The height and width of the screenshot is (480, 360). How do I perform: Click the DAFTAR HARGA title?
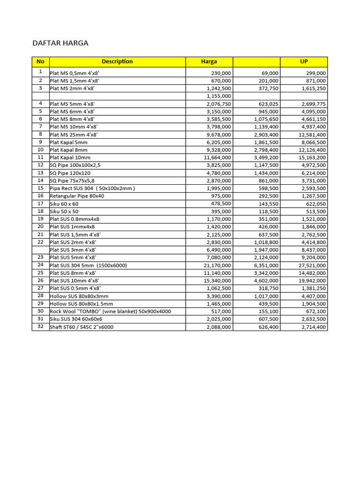(x=60, y=43)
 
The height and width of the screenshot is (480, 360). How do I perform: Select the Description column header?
(x=117, y=61)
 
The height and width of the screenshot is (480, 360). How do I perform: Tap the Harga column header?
(x=209, y=61)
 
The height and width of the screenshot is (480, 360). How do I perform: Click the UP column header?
(x=304, y=61)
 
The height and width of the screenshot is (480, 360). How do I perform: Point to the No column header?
(x=40, y=61)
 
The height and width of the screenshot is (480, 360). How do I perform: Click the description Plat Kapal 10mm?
(x=70, y=158)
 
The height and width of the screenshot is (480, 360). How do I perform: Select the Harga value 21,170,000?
(x=217, y=265)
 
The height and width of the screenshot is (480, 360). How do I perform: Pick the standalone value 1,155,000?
(x=219, y=96)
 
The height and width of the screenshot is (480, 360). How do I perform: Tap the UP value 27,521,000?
(x=311, y=265)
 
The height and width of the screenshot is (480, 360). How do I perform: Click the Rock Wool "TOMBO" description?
(x=111, y=312)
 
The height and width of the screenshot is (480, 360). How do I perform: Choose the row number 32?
(x=40, y=327)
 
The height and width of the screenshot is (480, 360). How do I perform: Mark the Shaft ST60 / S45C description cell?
(x=82, y=327)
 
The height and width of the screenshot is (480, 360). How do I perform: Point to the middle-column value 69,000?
(x=270, y=74)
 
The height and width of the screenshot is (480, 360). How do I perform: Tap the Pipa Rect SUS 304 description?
(x=92, y=188)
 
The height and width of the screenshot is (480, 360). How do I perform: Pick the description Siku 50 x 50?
(x=64, y=211)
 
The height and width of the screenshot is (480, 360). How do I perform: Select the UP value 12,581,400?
(x=311, y=135)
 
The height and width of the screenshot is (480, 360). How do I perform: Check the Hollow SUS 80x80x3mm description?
(x=79, y=296)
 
